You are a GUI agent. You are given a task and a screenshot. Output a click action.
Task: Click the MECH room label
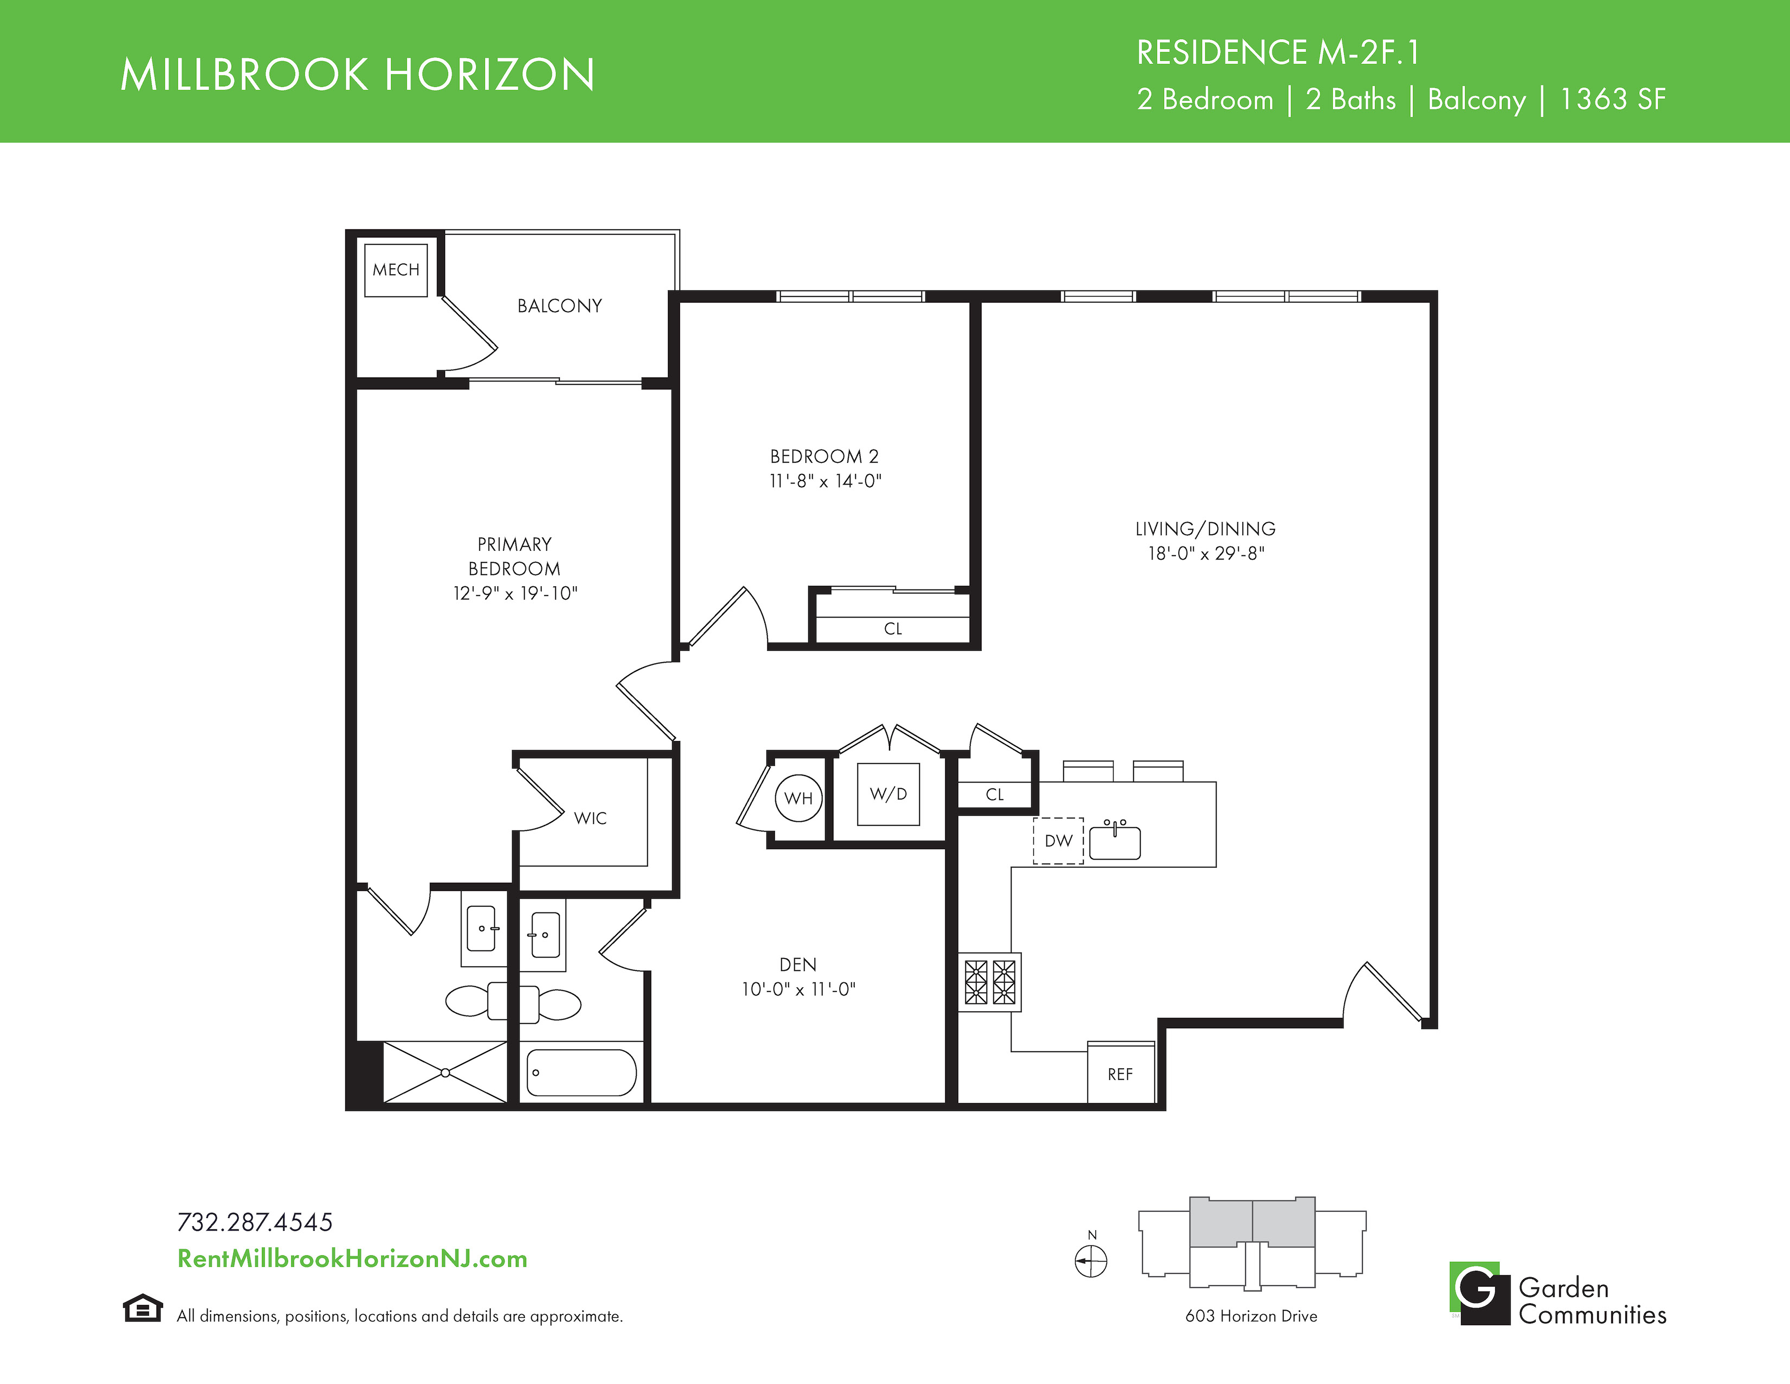point(396,270)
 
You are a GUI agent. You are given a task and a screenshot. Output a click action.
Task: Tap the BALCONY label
point(560,306)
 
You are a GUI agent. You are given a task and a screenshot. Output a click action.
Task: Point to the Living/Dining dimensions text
point(1206,554)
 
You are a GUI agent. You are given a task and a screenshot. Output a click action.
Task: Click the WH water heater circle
point(798,798)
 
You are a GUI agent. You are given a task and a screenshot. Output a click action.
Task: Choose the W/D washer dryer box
point(888,793)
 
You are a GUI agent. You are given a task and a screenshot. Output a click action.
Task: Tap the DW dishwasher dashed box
point(1058,840)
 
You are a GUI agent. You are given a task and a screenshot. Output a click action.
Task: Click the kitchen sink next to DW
point(1115,841)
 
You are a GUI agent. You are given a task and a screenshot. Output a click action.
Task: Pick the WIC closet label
point(590,818)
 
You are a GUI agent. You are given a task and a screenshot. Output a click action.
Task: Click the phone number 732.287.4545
point(255,1222)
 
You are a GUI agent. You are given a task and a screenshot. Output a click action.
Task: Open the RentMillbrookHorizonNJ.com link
point(353,1259)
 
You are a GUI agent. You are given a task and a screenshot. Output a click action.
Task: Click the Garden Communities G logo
point(1479,1293)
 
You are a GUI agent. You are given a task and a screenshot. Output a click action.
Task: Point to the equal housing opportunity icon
point(143,1308)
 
